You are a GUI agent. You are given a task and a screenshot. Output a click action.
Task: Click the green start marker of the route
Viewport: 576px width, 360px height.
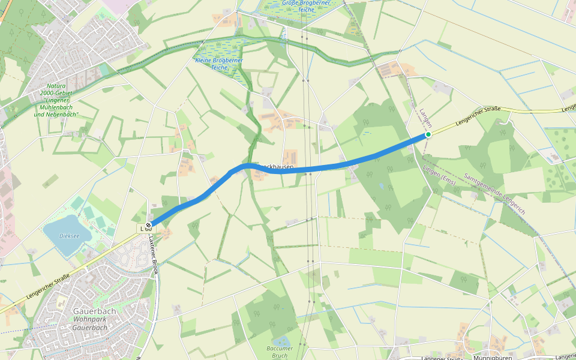428,134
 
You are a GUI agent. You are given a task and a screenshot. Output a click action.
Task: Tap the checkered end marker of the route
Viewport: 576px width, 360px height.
148,226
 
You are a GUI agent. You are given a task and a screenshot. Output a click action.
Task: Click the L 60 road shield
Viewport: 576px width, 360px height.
145,229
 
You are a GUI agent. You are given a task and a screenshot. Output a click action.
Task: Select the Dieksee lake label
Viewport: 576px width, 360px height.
70,235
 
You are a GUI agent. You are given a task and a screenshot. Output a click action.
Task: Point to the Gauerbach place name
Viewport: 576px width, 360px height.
90,311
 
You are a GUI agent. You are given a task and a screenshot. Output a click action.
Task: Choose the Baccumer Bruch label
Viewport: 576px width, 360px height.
277,352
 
